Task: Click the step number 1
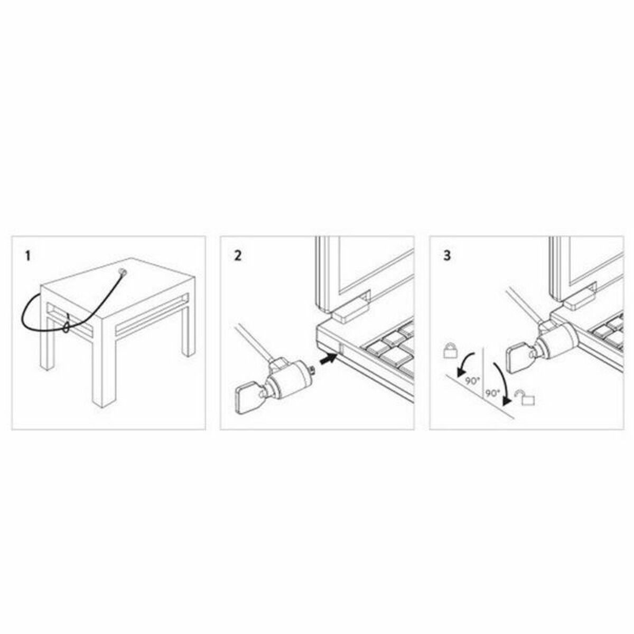[x=28, y=256]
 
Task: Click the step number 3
[x=447, y=256]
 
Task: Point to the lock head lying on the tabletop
[x=123, y=273]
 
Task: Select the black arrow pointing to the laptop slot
[x=325, y=359]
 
